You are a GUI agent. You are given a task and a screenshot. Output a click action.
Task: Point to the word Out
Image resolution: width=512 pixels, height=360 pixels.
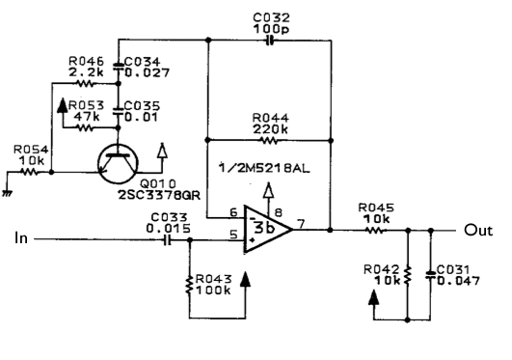(478, 230)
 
